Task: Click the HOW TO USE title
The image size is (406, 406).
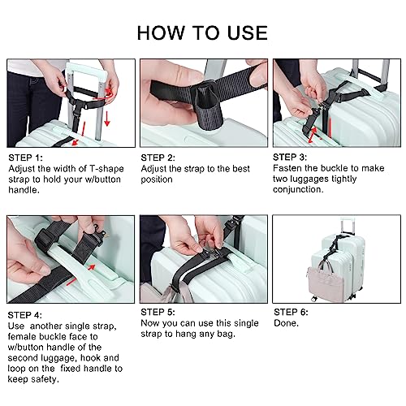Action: pos(202,32)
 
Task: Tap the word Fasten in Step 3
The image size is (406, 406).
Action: pos(292,167)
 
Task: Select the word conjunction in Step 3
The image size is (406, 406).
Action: pos(303,189)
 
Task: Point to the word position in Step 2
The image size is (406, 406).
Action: pos(159,179)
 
